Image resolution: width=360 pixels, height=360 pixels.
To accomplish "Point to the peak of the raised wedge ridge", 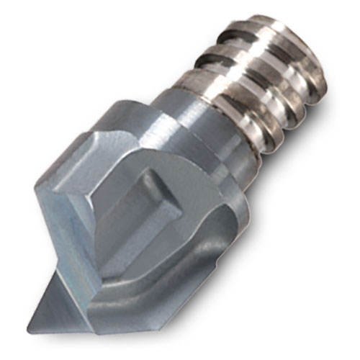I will tap(154, 173).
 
